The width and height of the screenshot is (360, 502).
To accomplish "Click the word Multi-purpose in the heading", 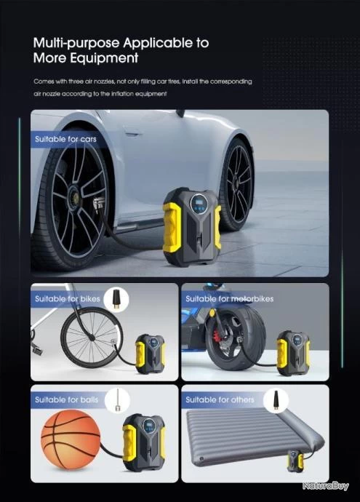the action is (x=77, y=43).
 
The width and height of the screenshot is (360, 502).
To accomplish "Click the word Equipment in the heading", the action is (x=104, y=58).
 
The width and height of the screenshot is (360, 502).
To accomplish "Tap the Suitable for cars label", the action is (x=65, y=139).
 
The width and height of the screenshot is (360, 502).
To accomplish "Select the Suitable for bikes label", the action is (x=67, y=299).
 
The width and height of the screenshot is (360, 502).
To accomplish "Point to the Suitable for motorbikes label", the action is (x=229, y=299).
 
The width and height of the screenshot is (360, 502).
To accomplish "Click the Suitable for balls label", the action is (x=67, y=399).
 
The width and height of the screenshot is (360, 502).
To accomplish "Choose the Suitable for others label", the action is (x=220, y=399).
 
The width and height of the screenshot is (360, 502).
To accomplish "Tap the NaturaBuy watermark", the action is (x=325, y=486).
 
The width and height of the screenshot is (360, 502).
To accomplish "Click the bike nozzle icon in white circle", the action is (x=116, y=299).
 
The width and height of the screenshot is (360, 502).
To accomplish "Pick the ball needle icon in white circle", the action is (x=117, y=400).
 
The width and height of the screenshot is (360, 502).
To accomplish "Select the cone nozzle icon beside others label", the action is (x=275, y=400).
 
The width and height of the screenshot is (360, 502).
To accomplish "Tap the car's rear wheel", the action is (x=238, y=184).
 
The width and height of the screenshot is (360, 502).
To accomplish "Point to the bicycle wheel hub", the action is (x=92, y=338).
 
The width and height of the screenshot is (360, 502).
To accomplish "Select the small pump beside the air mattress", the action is (x=295, y=461).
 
